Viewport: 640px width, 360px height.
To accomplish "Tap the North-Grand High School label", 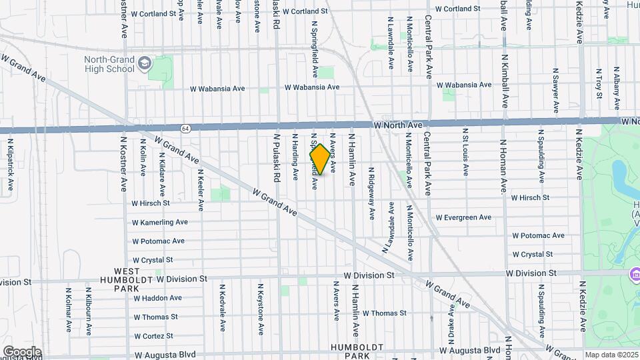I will click(109, 64).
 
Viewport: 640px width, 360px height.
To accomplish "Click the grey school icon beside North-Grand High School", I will click(145, 64).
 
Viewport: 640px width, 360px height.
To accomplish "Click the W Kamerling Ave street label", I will click(159, 222).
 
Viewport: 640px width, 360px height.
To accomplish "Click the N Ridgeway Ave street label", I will click(371, 193).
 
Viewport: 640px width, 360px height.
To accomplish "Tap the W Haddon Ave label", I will click(157, 298).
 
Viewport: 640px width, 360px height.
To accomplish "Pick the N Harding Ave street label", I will click(295, 157).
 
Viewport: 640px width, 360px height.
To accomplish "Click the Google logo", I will click(22, 352).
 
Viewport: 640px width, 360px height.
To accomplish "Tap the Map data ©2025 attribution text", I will click(611, 355).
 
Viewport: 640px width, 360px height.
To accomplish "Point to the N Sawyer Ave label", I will click(555, 90).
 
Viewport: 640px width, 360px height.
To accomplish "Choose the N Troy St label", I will click(599, 83).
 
